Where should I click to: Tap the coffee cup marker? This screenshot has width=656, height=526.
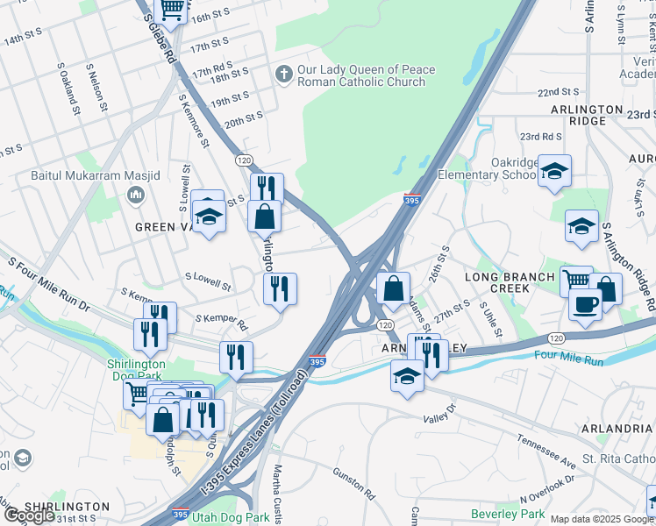(x=584, y=303)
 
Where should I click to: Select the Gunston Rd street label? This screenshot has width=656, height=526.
(x=353, y=481)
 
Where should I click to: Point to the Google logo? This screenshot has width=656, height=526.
(x=29, y=515)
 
